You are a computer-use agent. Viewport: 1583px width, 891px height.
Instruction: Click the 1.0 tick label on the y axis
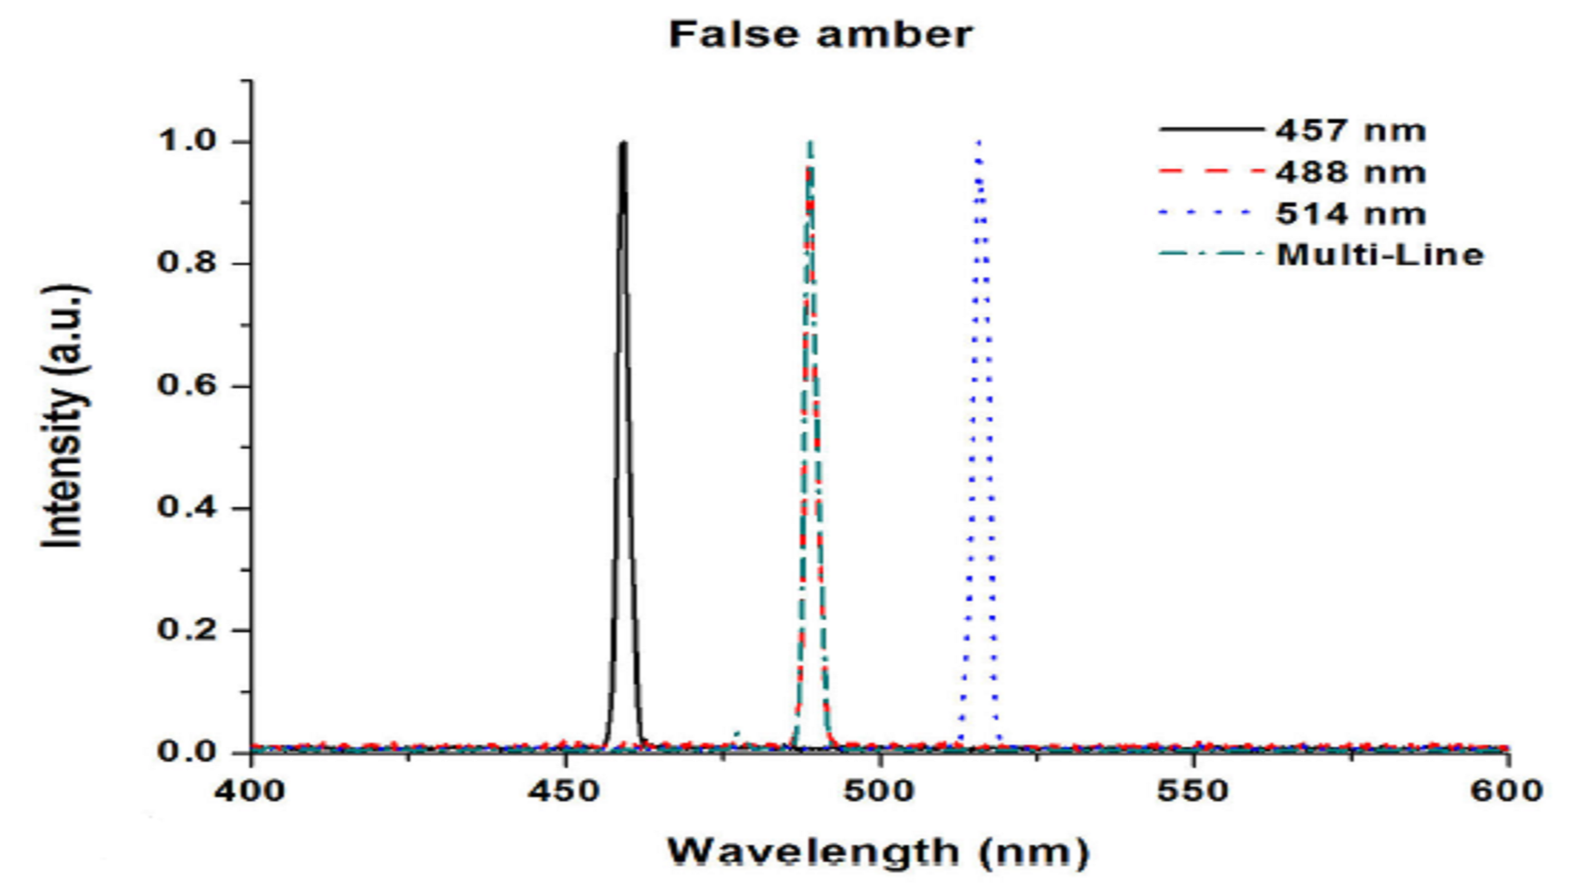(187, 142)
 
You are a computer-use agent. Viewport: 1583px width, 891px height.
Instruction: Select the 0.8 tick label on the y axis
(187, 263)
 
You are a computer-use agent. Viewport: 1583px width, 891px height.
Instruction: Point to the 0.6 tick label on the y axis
(187, 386)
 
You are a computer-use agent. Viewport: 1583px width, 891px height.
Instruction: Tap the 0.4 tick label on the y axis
(187, 508)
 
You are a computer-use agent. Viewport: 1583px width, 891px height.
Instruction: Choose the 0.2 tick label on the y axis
(187, 630)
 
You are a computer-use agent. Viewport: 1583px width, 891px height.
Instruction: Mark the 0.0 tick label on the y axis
(187, 752)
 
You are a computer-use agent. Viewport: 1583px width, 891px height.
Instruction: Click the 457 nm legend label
(1350, 130)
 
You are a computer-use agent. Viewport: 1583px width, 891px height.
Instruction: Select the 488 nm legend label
(1350, 172)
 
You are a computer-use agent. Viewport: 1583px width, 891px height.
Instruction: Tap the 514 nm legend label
(1350, 214)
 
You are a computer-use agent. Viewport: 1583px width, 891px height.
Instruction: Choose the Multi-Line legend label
(1380, 254)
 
